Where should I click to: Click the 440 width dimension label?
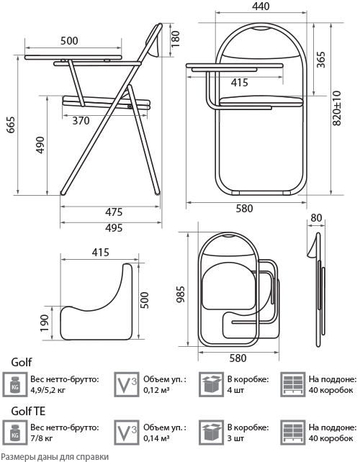(261, 6)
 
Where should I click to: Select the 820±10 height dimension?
(337, 108)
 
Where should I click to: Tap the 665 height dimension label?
(11, 125)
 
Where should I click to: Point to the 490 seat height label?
(40, 145)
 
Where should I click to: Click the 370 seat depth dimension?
(81, 120)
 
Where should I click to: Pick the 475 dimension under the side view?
(114, 212)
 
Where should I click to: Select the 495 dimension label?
(114, 227)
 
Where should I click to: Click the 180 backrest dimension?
(175, 39)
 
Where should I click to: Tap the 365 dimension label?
(321, 60)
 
